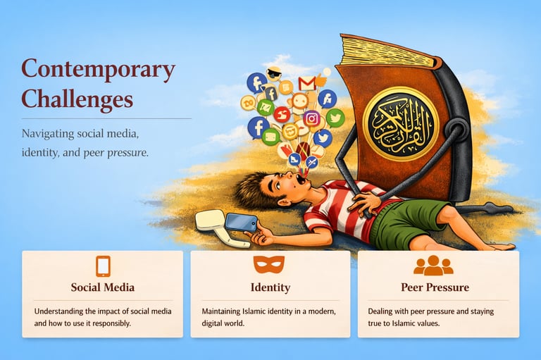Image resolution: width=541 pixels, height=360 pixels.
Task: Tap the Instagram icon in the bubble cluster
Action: pyautogui.click(x=311, y=119)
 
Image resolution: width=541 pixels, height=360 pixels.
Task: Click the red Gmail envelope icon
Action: pyautogui.click(x=306, y=84)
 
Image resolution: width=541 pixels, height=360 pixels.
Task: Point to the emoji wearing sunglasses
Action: pyautogui.click(x=274, y=73)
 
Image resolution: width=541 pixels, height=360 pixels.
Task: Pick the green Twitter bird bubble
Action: pyautogui.click(x=335, y=118)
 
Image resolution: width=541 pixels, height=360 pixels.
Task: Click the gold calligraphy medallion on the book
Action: pyautogui.click(x=401, y=124)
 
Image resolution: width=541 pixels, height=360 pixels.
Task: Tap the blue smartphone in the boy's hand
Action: pyautogui.click(x=241, y=222)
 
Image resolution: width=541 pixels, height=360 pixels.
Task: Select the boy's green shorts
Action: pyautogui.click(x=406, y=221)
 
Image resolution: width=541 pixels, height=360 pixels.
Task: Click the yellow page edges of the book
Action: pyautogui.click(x=387, y=51)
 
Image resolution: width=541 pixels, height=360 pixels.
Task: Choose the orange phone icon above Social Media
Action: pyautogui.click(x=103, y=266)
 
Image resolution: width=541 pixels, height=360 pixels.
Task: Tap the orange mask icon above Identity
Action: pyautogui.click(x=269, y=264)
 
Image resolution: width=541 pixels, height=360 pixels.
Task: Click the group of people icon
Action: pyautogui.click(x=433, y=266)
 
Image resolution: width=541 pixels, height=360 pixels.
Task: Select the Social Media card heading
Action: pyautogui.click(x=102, y=287)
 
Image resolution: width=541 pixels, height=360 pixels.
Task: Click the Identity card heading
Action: pyautogui.click(x=270, y=287)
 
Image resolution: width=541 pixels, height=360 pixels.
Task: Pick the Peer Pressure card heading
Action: pyautogui.click(x=435, y=287)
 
